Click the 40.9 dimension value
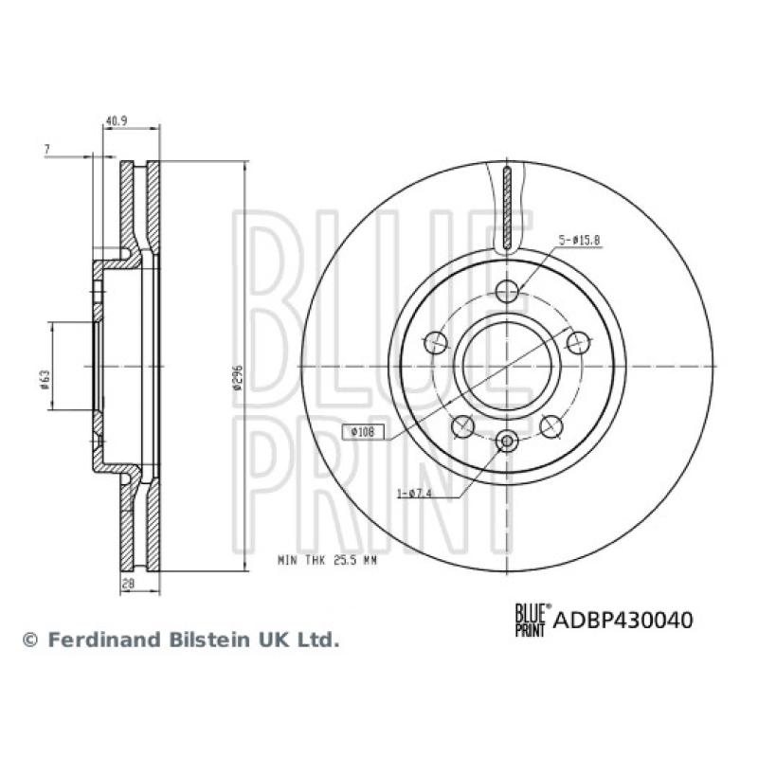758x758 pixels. [117, 121]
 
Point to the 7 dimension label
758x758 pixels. [46, 150]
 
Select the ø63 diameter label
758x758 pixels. [45, 380]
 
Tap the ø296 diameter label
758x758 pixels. [236, 377]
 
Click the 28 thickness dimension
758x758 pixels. [128, 584]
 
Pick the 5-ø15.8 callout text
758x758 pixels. [580, 239]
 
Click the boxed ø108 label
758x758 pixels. [364, 432]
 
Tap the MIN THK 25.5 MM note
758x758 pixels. [327, 561]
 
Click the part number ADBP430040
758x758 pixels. [623, 620]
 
